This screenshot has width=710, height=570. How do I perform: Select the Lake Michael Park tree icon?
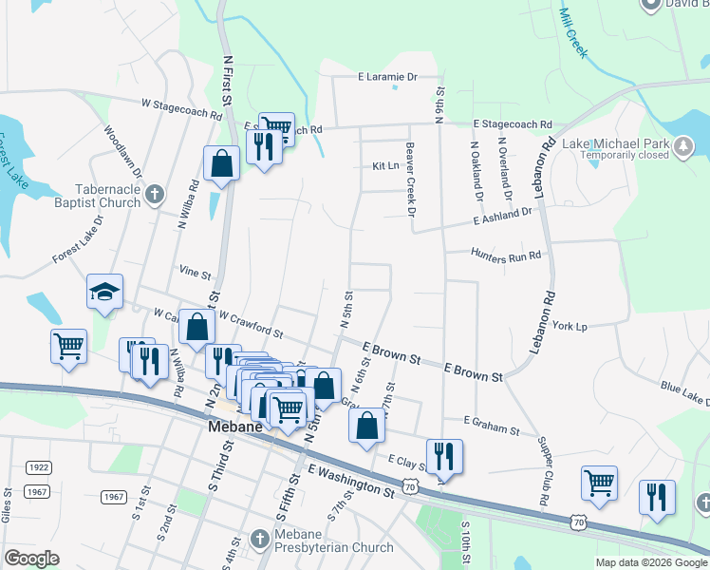[682, 145]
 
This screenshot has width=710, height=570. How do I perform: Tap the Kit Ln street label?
[385, 165]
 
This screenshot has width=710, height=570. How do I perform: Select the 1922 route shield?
[39, 467]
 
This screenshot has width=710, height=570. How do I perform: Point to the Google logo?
[32, 558]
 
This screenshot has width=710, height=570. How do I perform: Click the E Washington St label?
[350, 480]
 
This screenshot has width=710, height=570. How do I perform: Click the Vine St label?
[195, 273]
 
